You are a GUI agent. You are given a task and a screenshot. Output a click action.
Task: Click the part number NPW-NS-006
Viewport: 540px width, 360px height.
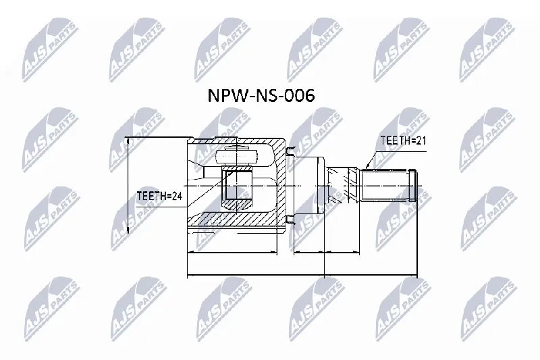point(261,95)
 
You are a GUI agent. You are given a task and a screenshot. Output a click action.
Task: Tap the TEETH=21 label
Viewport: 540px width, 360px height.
point(403,140)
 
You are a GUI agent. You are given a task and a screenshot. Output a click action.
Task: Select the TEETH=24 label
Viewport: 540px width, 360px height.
point(159,196)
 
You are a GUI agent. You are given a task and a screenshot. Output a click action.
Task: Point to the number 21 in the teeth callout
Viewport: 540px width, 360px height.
point(421,140)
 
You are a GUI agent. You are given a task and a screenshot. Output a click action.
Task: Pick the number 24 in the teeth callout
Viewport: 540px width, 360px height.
point(177,196)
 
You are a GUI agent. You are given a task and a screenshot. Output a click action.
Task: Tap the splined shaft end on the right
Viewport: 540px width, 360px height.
point(389,185)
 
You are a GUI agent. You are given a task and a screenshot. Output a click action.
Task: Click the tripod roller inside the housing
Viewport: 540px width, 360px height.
point(237,157)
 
